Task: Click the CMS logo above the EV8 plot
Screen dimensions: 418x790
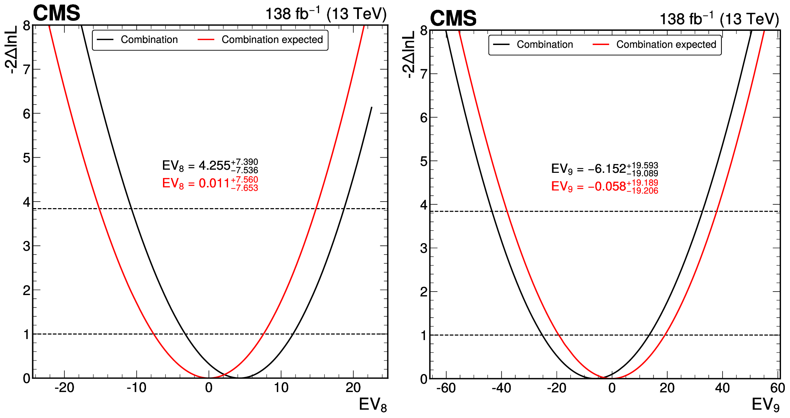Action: (x=56, y=13)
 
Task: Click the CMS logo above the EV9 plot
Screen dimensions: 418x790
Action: (x=453, y=18)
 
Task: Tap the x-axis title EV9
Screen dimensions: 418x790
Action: (x=765, y=405)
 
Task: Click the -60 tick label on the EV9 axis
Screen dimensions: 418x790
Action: (x=446, y=388)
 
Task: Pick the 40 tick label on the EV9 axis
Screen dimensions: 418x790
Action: (x=722, y=388)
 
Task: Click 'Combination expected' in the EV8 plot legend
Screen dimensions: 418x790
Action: (x=272, y=40)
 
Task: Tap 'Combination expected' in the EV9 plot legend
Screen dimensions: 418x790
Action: (x=666, y=45)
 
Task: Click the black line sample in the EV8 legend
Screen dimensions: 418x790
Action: (x=105, y=40)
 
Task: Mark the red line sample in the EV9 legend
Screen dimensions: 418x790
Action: (x=601, y=45)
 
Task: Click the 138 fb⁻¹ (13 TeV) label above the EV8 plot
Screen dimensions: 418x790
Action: (x=326, y=14)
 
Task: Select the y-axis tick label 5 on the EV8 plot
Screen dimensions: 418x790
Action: (x=27, y=158)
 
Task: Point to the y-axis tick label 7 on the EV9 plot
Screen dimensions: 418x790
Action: (x=424, y=74)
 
